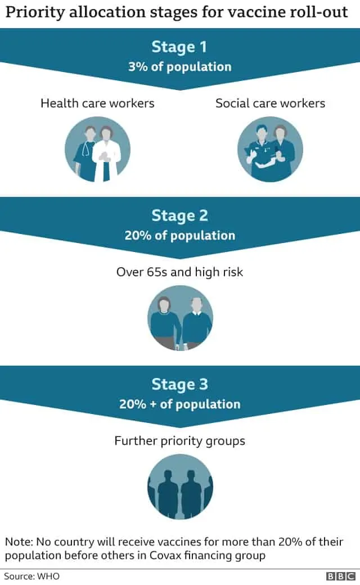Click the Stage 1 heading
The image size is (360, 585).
click(x=179, y=47)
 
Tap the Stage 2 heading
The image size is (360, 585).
click(x=179, y=216)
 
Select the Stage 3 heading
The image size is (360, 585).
click(x=179, y=385)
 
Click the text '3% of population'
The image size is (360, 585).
click(x=180, y=67)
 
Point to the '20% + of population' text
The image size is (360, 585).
click(x=180, y=404)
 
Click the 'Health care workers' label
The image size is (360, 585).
click(x=97, y=103)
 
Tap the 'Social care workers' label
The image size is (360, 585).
click(x=270, y=103)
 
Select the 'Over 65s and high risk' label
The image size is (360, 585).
click(x=180, y=272)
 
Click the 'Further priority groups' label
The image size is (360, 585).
click(x=180, y=441)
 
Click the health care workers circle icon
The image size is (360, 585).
click(x=97, y=149)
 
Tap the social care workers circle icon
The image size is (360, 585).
click(x=270, y=149)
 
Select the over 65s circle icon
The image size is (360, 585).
click(x=180, y=318)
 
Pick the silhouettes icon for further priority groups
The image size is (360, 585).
click(x=180, y=487)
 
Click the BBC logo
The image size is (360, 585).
click(x=341, y=576)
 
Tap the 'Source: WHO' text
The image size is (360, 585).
click(x=31, y=576)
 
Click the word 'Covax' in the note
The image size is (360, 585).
click(x=165, y=555)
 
